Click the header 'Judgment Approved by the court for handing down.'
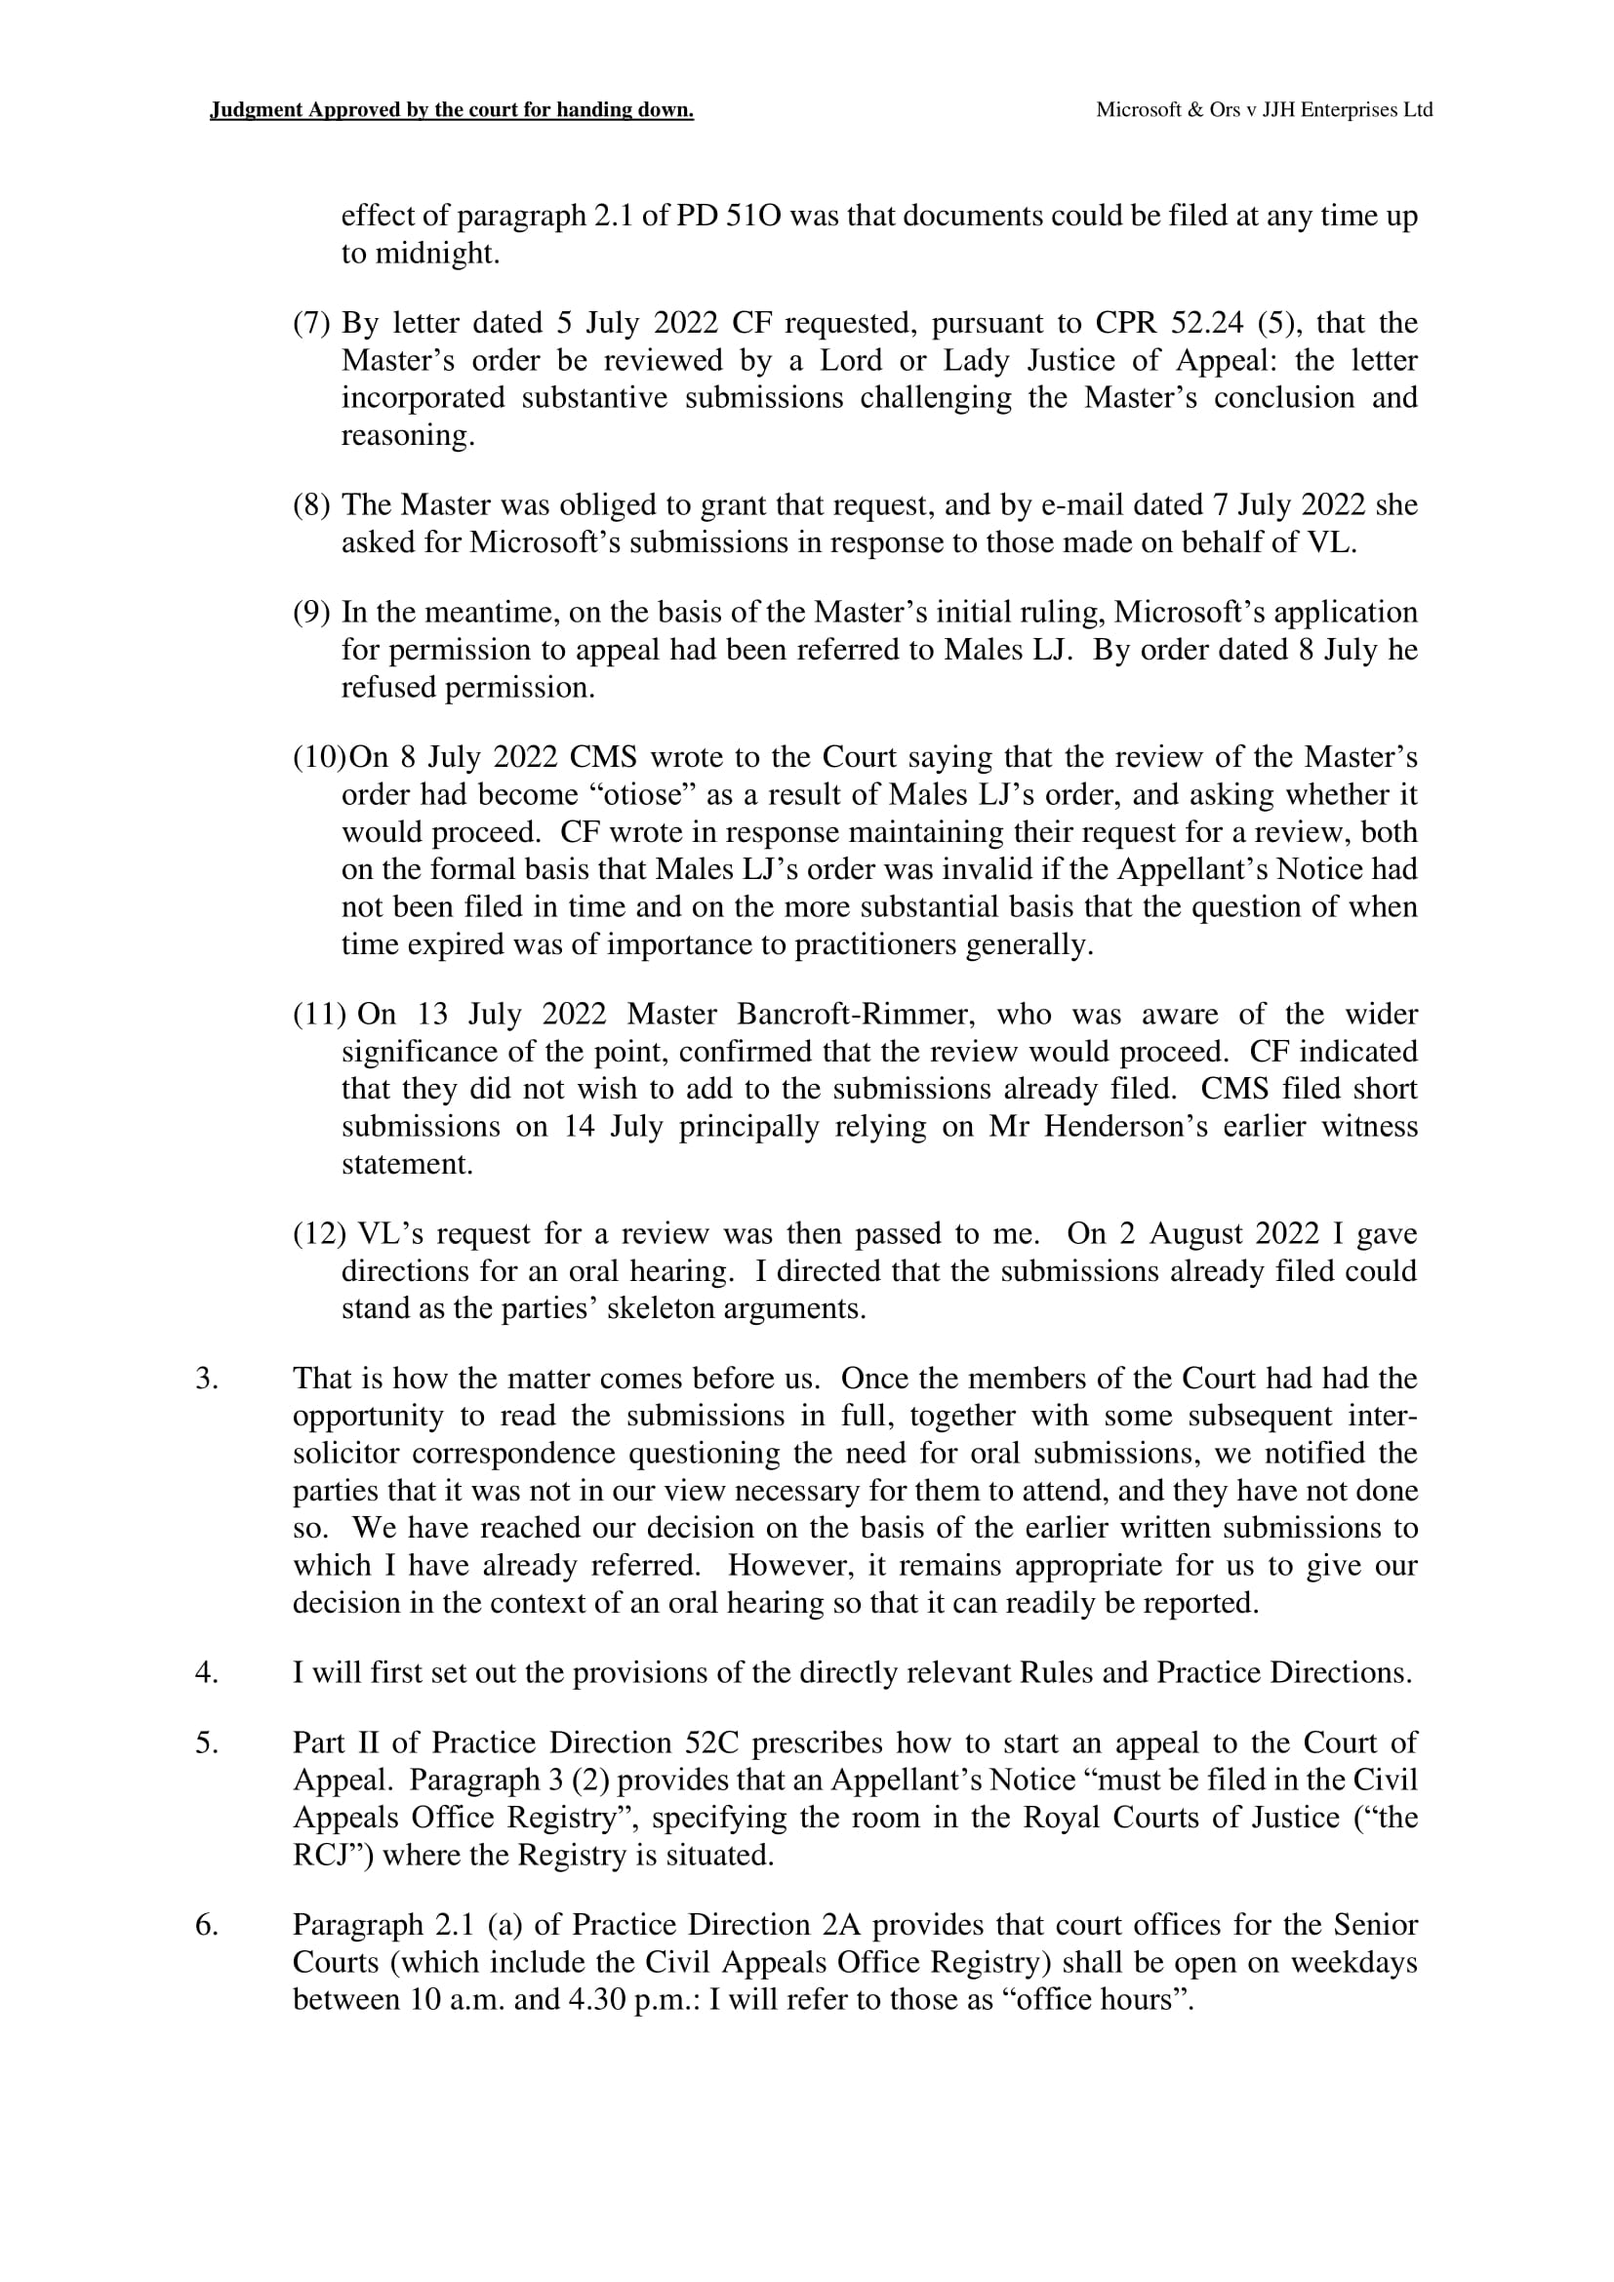tap(451, 110)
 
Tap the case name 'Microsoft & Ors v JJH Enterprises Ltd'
tap(1263, 110)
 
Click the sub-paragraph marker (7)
tap(311, 323)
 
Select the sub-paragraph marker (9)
tap(311, 613)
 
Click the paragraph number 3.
tap(207, 1379)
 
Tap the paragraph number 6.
tap(207, 1925)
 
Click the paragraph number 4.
tap(207, 1673)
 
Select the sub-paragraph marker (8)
tap(311, 505)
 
